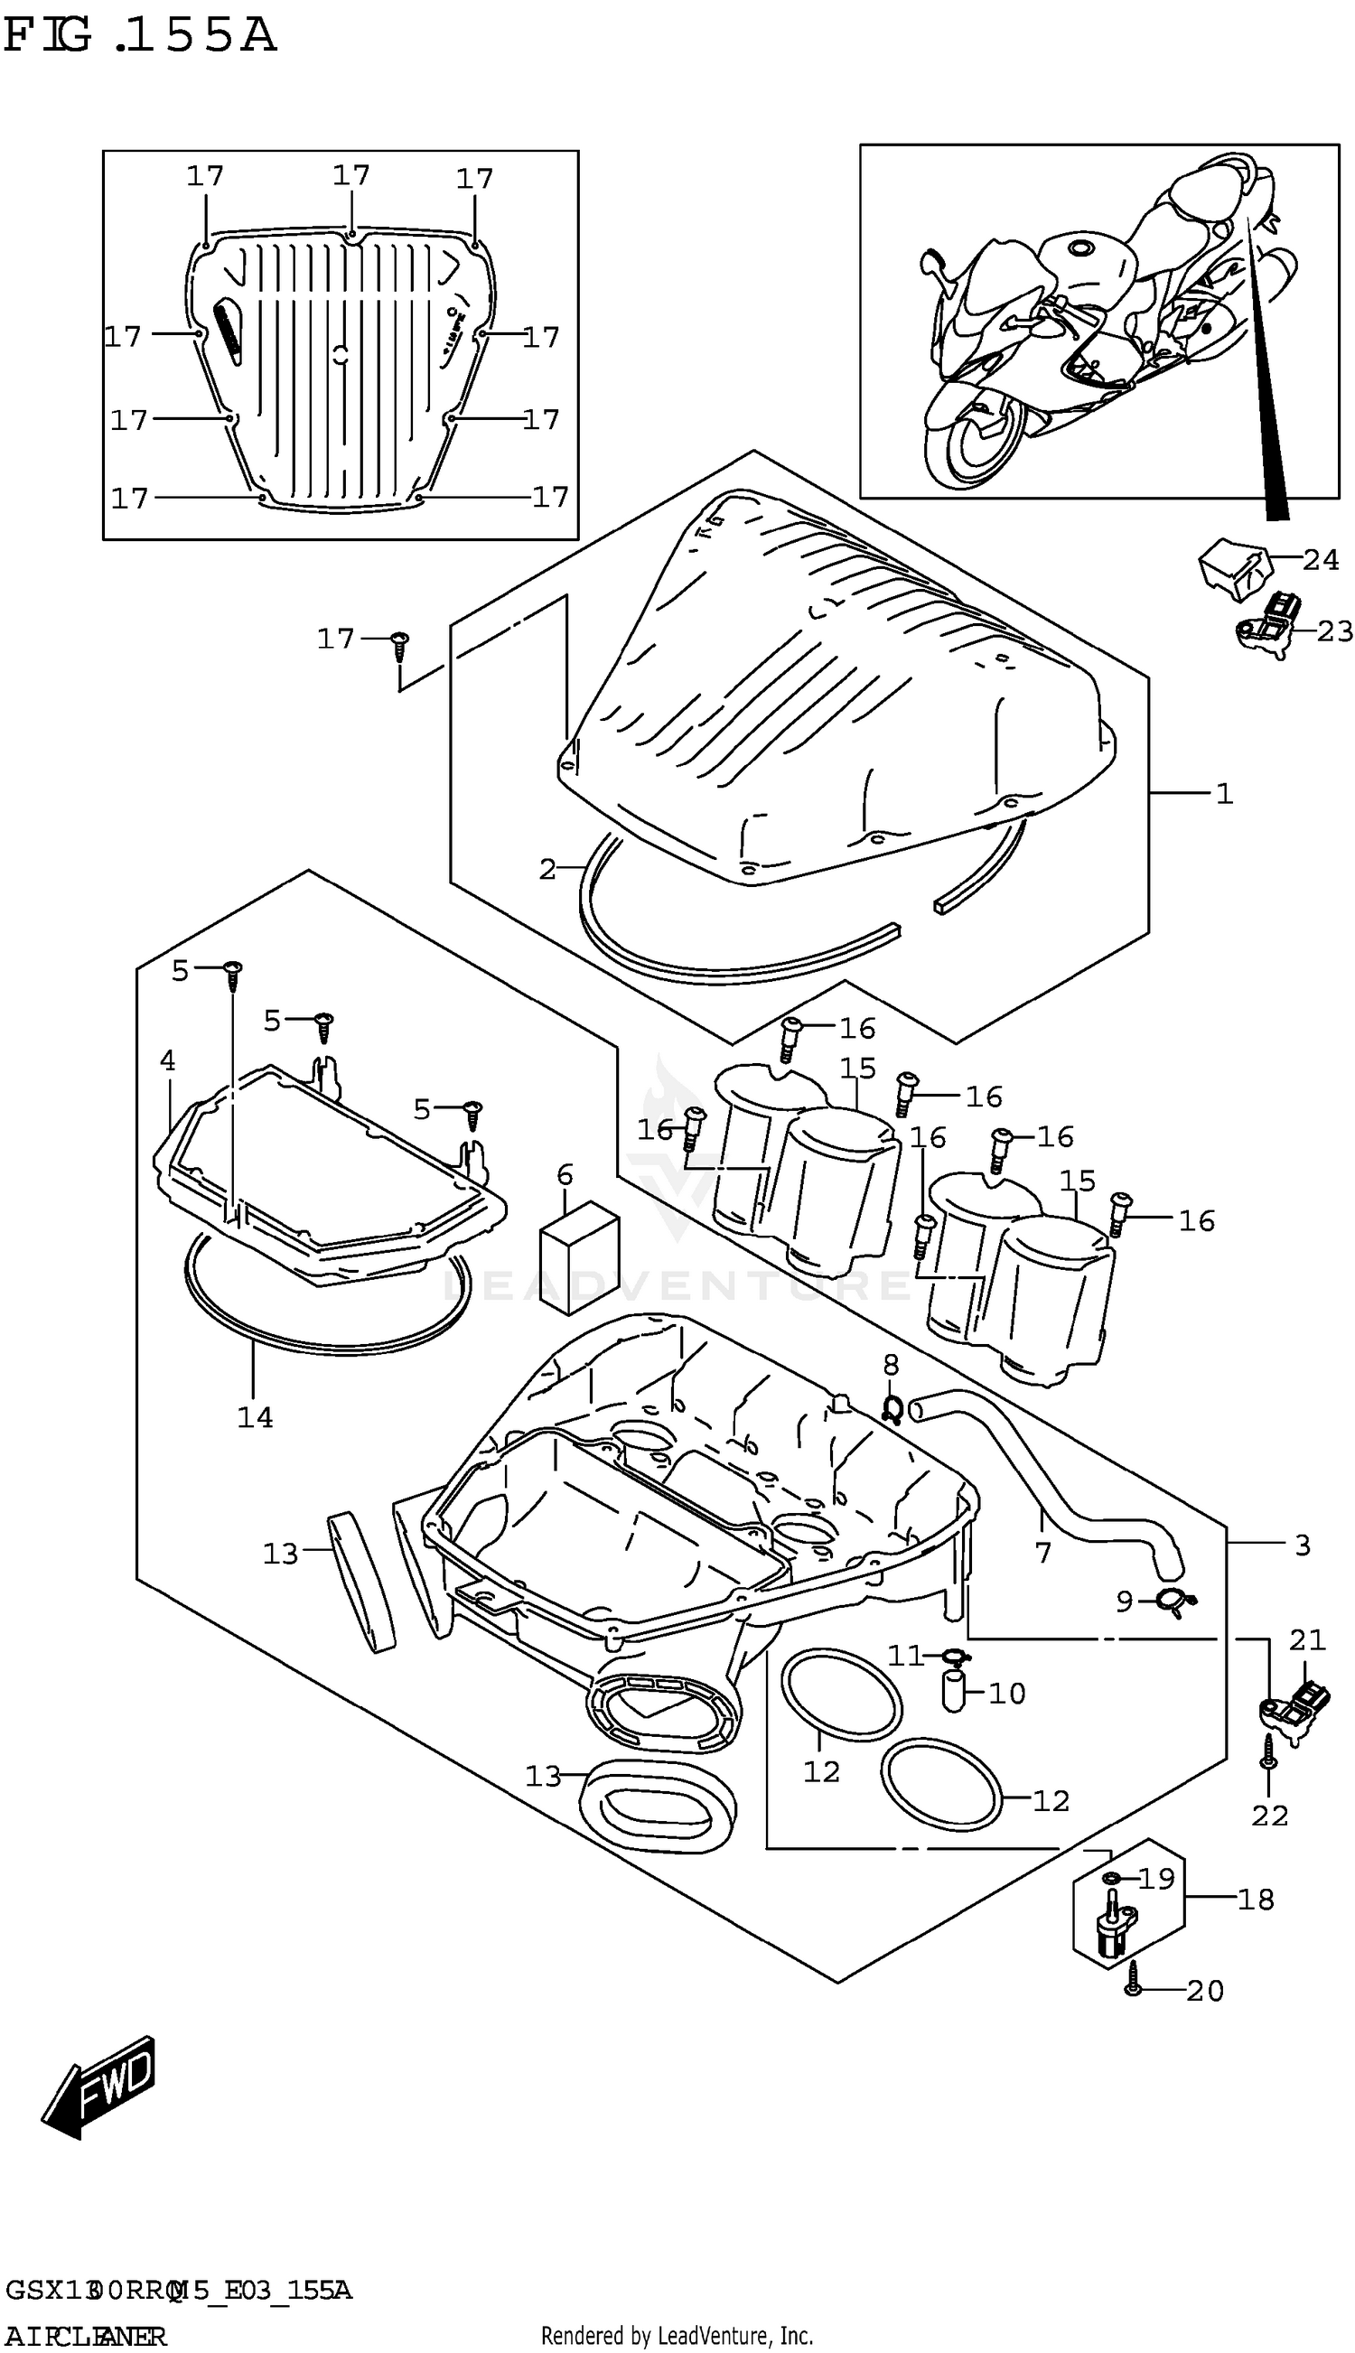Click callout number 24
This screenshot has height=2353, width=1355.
click(1321, 559)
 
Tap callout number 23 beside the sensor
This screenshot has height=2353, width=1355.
click(1334, 630)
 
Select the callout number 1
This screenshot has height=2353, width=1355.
click(1224, 794)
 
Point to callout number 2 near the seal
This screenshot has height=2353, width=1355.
click(547, 869)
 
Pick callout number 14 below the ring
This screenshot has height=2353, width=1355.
click(254, 1417)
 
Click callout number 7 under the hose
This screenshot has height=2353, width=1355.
click(1042, 1552)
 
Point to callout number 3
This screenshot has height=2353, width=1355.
click(1302, 1545)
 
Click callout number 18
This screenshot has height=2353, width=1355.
click(1256, 1899)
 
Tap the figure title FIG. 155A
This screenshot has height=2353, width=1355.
click(140, 35)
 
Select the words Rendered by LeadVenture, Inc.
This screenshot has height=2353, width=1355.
click(677, 2335)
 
